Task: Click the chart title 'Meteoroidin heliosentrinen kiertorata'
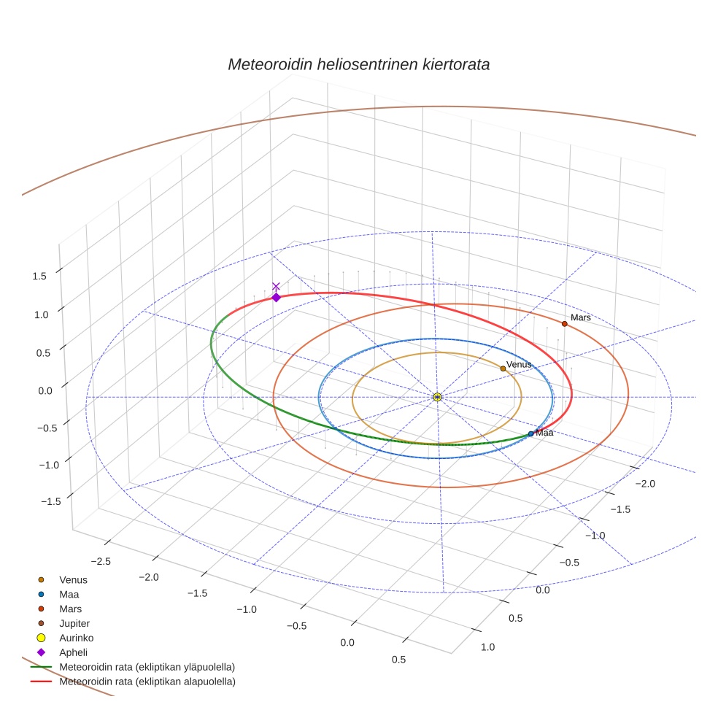358,64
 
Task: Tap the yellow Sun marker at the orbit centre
437,397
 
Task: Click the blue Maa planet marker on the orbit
530,433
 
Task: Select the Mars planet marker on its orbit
564,323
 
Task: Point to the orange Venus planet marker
503,368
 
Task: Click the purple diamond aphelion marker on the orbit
276,297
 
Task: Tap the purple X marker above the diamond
276,286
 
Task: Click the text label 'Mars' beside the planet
580,317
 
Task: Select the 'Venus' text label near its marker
519,364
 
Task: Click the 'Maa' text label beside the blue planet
544,433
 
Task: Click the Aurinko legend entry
76,638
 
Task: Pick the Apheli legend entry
72,652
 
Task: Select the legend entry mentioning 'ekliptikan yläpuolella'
147,667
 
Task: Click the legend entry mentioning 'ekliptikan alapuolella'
147,682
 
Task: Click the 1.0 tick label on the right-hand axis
487,647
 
